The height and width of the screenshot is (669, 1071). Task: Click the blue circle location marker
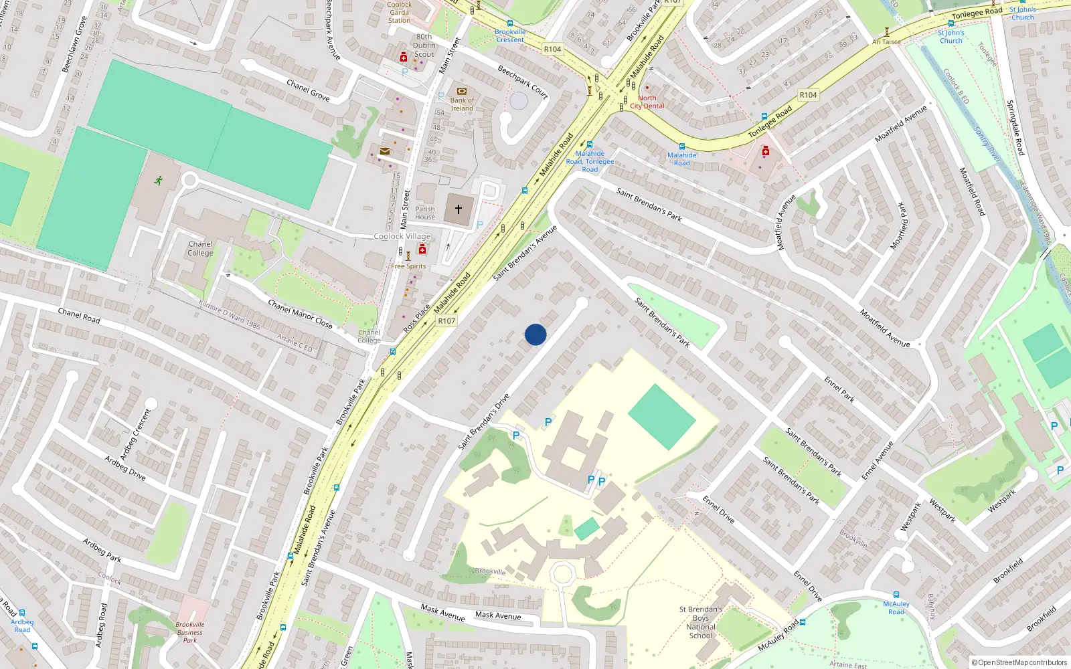coord(535,334)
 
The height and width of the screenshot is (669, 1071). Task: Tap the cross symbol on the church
coord(459,209)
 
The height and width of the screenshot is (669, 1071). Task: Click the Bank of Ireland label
coord(462,104)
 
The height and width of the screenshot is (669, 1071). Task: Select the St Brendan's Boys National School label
coord(701,622)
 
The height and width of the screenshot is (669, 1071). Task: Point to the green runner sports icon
coord(159,180)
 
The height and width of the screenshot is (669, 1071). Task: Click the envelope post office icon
coord(385,152)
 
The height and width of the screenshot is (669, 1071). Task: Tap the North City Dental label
coord(647,102)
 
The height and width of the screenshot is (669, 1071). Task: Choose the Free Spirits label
coord(408,266)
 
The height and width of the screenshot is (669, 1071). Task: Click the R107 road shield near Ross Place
coord(446,321)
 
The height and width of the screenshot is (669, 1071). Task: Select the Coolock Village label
coord(402,236)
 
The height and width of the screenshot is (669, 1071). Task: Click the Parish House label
coord(425,213)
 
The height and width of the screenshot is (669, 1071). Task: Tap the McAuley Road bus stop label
coord(896,607)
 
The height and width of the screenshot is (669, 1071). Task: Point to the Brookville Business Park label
coord(190,632)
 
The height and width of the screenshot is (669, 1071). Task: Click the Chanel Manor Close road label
coord(300,313)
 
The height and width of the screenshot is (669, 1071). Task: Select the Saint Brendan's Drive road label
coord(483,421)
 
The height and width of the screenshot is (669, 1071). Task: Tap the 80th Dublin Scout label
coord(424,45)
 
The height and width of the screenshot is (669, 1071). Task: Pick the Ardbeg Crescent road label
coord(136,432)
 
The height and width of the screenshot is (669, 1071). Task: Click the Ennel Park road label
coord(839,389)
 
